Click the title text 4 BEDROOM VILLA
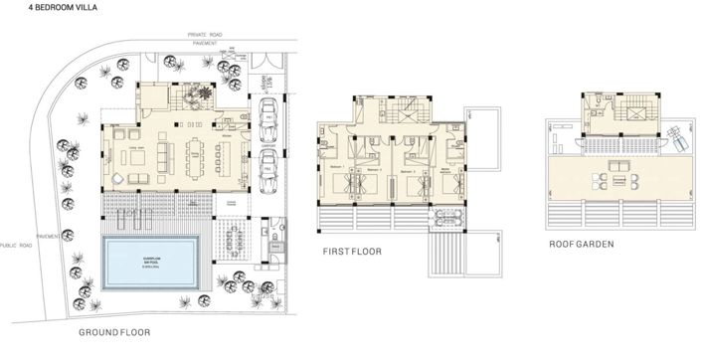pyautogui.click(x=37, y=7)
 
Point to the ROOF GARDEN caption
pyautogui.click(x=582, y=243)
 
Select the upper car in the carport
pyautogui.click(x=268, y=116)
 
